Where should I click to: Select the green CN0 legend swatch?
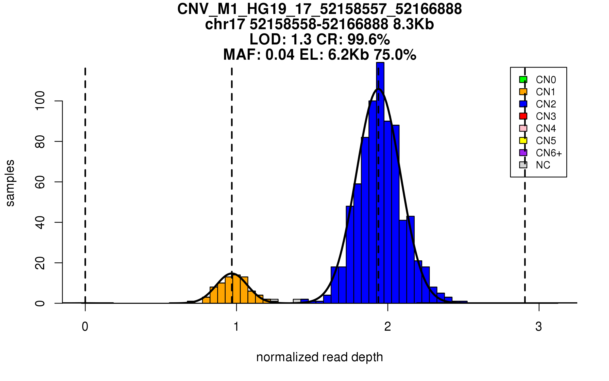point(523,80)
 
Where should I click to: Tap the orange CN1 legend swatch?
point(523,92)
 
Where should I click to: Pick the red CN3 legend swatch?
point(523,116)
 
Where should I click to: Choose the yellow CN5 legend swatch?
point(523,140)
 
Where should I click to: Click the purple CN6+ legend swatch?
point(523,153)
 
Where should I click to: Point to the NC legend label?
point(543,165)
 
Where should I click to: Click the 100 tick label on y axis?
point(40,101)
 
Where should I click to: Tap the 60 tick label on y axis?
point(40,182)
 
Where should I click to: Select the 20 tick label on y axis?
point(40,263)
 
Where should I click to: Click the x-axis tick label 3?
point(539,327)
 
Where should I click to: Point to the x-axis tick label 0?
point(85,327)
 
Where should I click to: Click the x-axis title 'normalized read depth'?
point(319,357)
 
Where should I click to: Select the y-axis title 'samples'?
point(10,183)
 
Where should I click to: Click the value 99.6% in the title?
point(368,40)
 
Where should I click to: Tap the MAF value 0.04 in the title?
point(280,55)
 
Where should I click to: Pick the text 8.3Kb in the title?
point(413,24)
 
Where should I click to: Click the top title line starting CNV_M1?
point(319,9)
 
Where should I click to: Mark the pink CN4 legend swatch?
point(523,128)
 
